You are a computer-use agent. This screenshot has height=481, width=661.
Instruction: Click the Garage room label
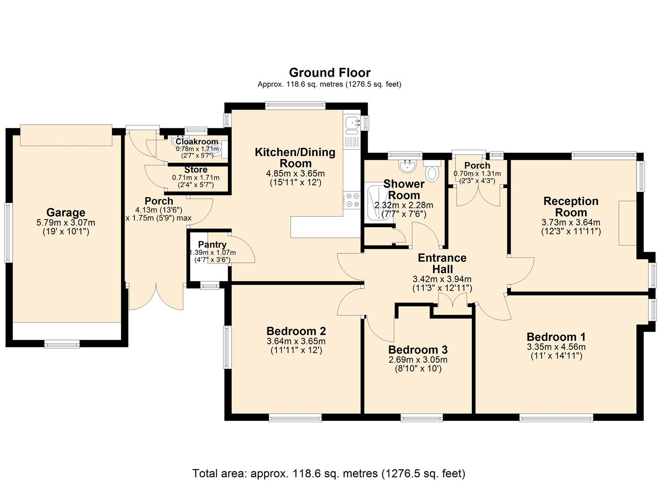point(65,212)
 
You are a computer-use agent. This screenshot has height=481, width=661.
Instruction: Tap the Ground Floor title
point(329,73)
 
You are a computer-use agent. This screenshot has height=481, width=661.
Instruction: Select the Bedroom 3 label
point(418,350)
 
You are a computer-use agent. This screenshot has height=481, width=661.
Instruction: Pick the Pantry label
point(212,245)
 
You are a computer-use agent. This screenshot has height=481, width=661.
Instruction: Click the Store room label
point(196,170)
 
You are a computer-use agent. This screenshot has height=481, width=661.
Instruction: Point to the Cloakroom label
point(197,142)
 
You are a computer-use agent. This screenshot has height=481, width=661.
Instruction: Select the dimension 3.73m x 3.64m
point(571,223)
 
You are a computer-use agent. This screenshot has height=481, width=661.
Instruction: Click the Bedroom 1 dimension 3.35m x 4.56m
point(556,347)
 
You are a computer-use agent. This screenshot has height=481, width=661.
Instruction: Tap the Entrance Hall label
point(442,263)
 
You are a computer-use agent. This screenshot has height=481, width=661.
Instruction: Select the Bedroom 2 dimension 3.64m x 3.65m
point(296,342)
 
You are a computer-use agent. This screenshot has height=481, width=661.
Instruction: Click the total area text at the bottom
point(328,473)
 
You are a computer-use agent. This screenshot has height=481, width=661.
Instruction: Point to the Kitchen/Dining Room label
point(295,157)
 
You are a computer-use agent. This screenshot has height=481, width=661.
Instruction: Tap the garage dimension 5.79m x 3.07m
point(66,223)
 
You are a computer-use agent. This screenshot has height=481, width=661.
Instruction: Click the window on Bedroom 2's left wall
point(227,347)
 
